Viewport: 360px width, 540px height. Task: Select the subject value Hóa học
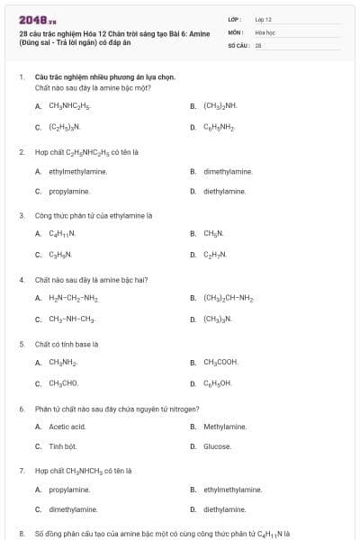(265, 31)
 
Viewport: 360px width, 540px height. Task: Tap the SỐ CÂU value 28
(258, 44)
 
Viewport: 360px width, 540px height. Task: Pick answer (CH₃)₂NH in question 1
(220, 105)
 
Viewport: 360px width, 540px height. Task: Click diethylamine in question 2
(224, 192)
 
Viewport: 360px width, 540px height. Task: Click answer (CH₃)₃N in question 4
(217, 319)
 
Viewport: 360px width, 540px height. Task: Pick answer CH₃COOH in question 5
(220, 362)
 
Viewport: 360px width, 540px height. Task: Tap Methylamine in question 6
(224, 426)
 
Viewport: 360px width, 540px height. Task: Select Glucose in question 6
(217, 446)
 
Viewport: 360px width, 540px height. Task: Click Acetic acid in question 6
(67, 426)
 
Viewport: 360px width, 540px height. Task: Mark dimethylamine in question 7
(73, 509)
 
